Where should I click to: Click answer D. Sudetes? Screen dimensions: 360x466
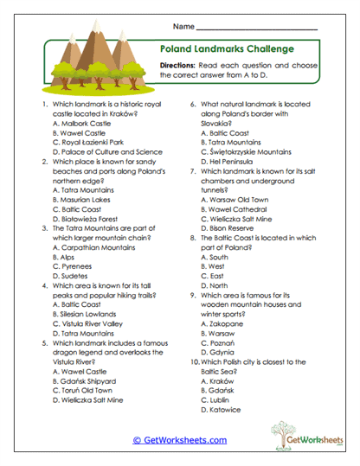(67, 277)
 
